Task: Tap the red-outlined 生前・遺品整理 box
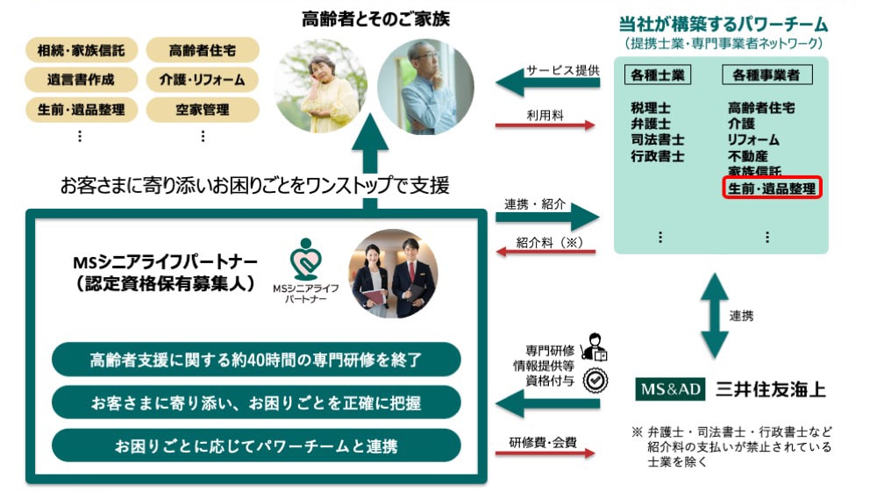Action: click(771, 188)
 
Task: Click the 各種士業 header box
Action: click(657, 76)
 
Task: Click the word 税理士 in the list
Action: click(650, 108)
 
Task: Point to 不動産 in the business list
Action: click(746, 155)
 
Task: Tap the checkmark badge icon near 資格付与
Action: click(596, 379)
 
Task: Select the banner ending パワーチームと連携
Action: click(255, 446)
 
